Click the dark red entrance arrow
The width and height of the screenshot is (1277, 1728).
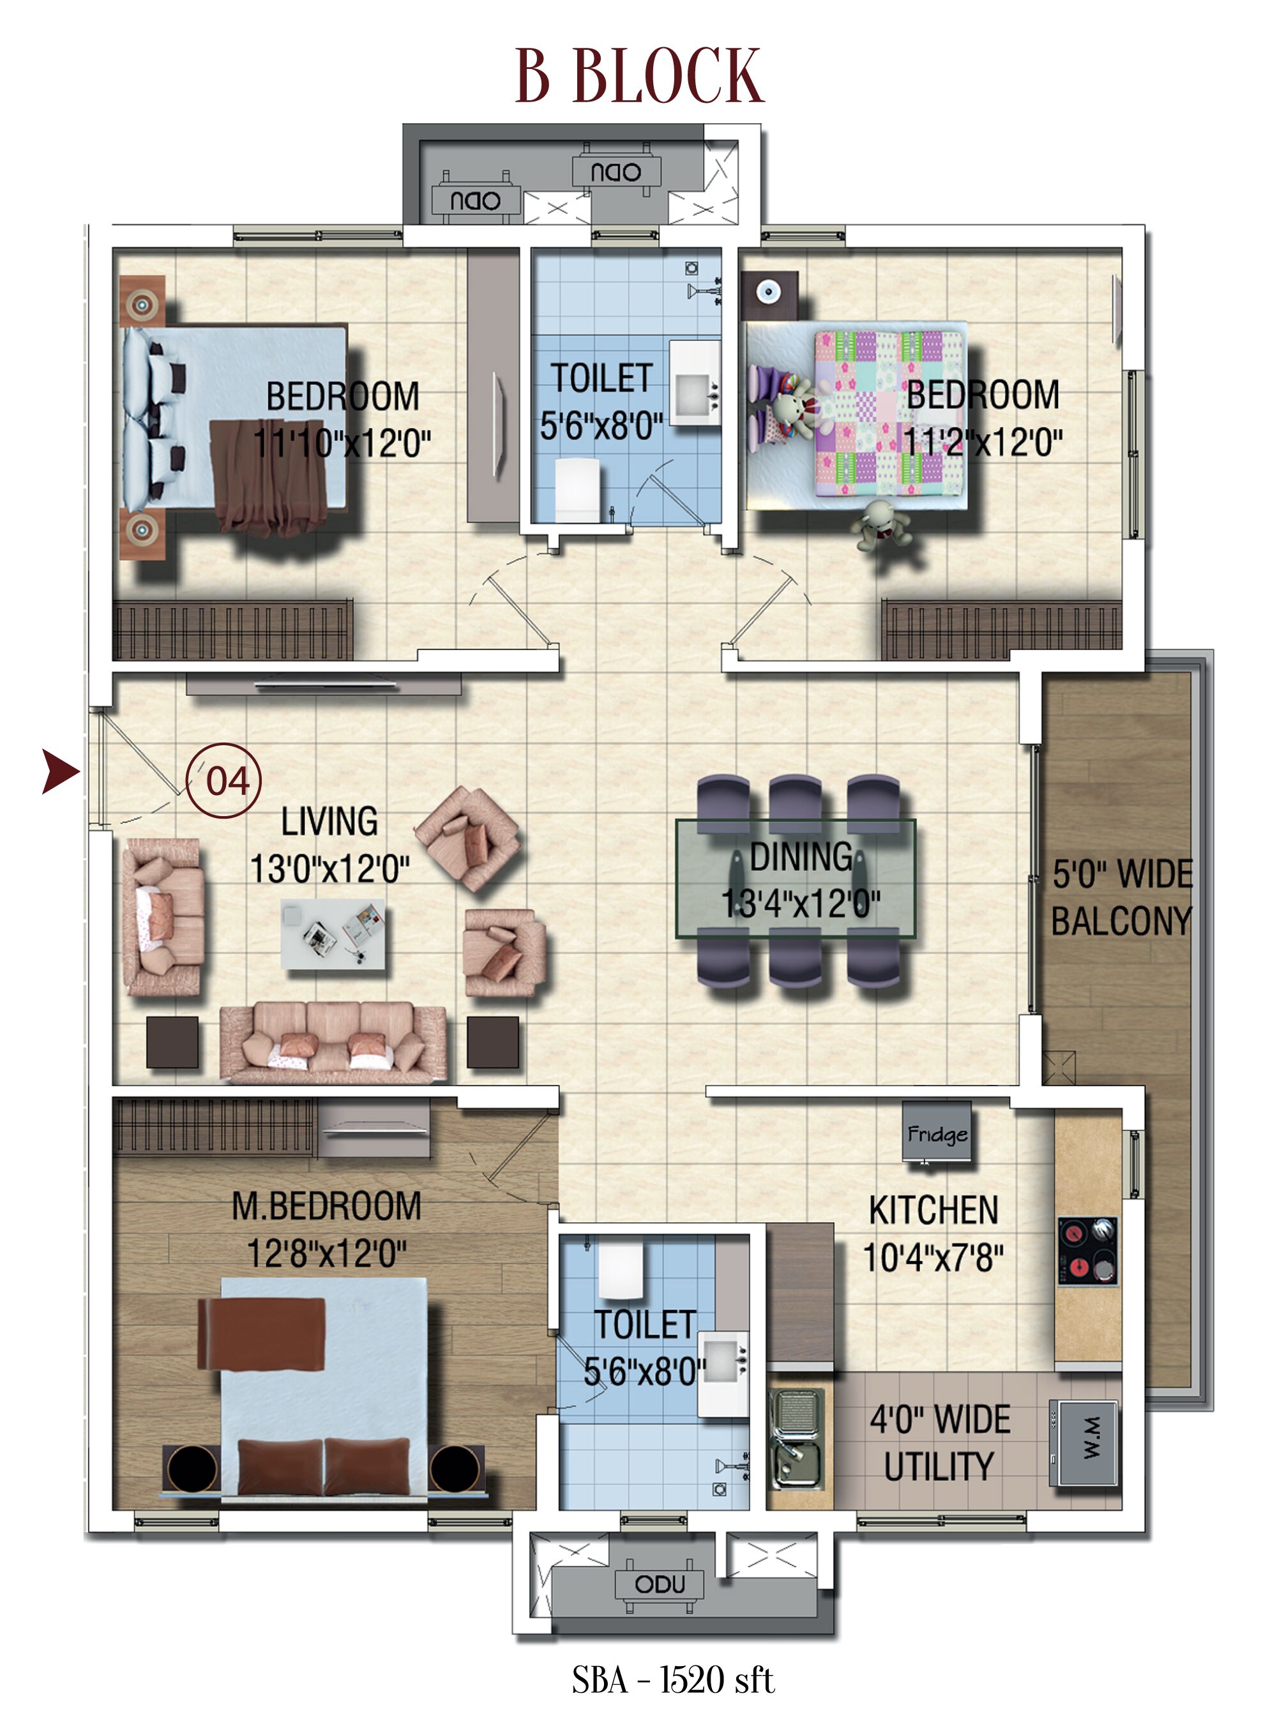tap(60, 771)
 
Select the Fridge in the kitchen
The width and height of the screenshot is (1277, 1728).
tap(936, 1133)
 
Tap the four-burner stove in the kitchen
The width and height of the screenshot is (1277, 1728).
tap(1087, 1250)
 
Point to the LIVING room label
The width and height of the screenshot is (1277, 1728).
tap(329, 821)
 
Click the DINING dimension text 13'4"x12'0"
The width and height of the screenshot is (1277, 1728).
tap(800, 902)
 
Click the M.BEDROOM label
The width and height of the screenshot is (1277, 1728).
tap(326, 1206)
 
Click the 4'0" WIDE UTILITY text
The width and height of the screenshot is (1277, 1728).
tap(939, 1443)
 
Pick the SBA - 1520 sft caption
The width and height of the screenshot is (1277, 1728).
tap(672, 1679)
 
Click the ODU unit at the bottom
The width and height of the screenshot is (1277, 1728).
tap(660, 1584)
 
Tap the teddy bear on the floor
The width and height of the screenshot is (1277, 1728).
tap(881, 526)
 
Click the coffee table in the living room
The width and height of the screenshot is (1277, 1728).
tap(333, 934)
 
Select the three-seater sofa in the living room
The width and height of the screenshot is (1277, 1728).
tap(333, 1042)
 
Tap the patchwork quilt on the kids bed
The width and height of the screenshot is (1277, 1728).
tap(889, 414)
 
